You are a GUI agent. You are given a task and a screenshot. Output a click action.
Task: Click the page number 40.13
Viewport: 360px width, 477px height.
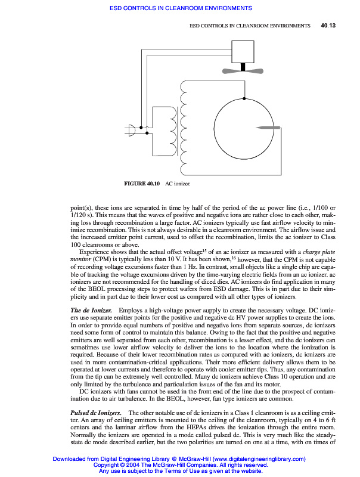(328, 26)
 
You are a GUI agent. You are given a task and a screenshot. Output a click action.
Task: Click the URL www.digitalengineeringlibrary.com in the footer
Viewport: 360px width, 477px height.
(247, 459)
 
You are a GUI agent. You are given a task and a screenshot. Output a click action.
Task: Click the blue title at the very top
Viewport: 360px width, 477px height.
(180, 8)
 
